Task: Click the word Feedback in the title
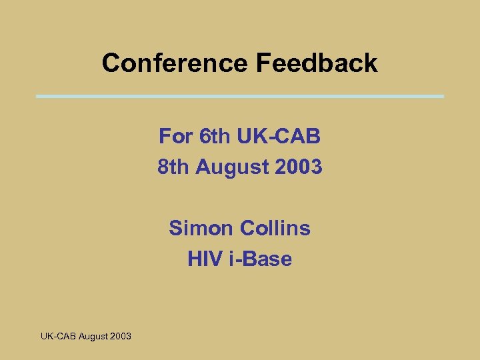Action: click(x=316, y=63)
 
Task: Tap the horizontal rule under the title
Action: click(x=240, y=97)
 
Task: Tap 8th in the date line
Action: click(x=173, y=167)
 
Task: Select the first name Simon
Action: click(x=201, y=228)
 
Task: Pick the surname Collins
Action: click(x=275, y=228)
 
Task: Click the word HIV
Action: click(x=204, y=259)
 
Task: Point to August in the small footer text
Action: click(x=93, y=337)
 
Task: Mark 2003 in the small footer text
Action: click(x=121, y=336)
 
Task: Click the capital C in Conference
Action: click(x=111, y=63)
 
